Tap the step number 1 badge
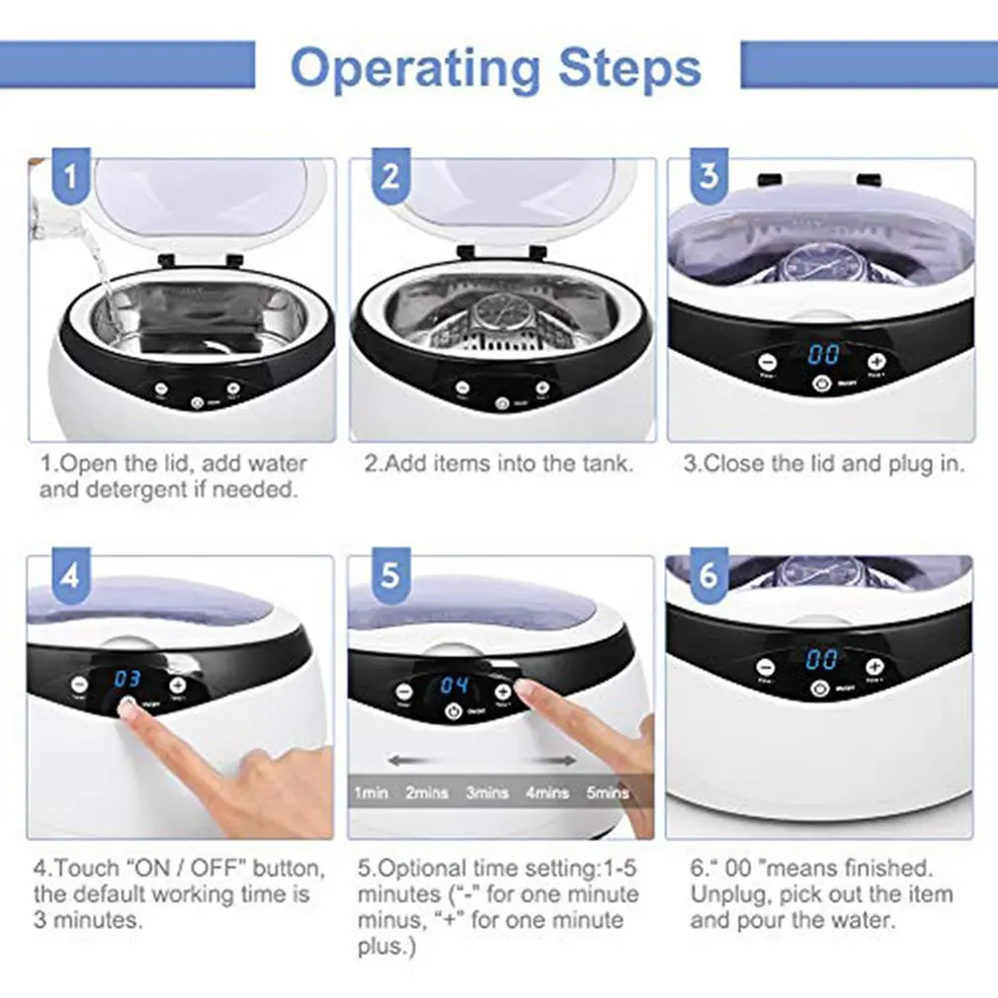coord(70,178)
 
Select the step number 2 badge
coord(391,178)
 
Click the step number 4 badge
coord(70,575)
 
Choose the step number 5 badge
coord(391,575)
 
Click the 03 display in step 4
coord(127,680)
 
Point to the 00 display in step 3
coord(823,355)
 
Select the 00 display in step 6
coord(821,660)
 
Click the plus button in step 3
coord(875,362)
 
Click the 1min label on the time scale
coord(372,792)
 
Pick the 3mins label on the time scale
coord(487,792)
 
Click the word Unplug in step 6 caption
coord(729,895)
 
